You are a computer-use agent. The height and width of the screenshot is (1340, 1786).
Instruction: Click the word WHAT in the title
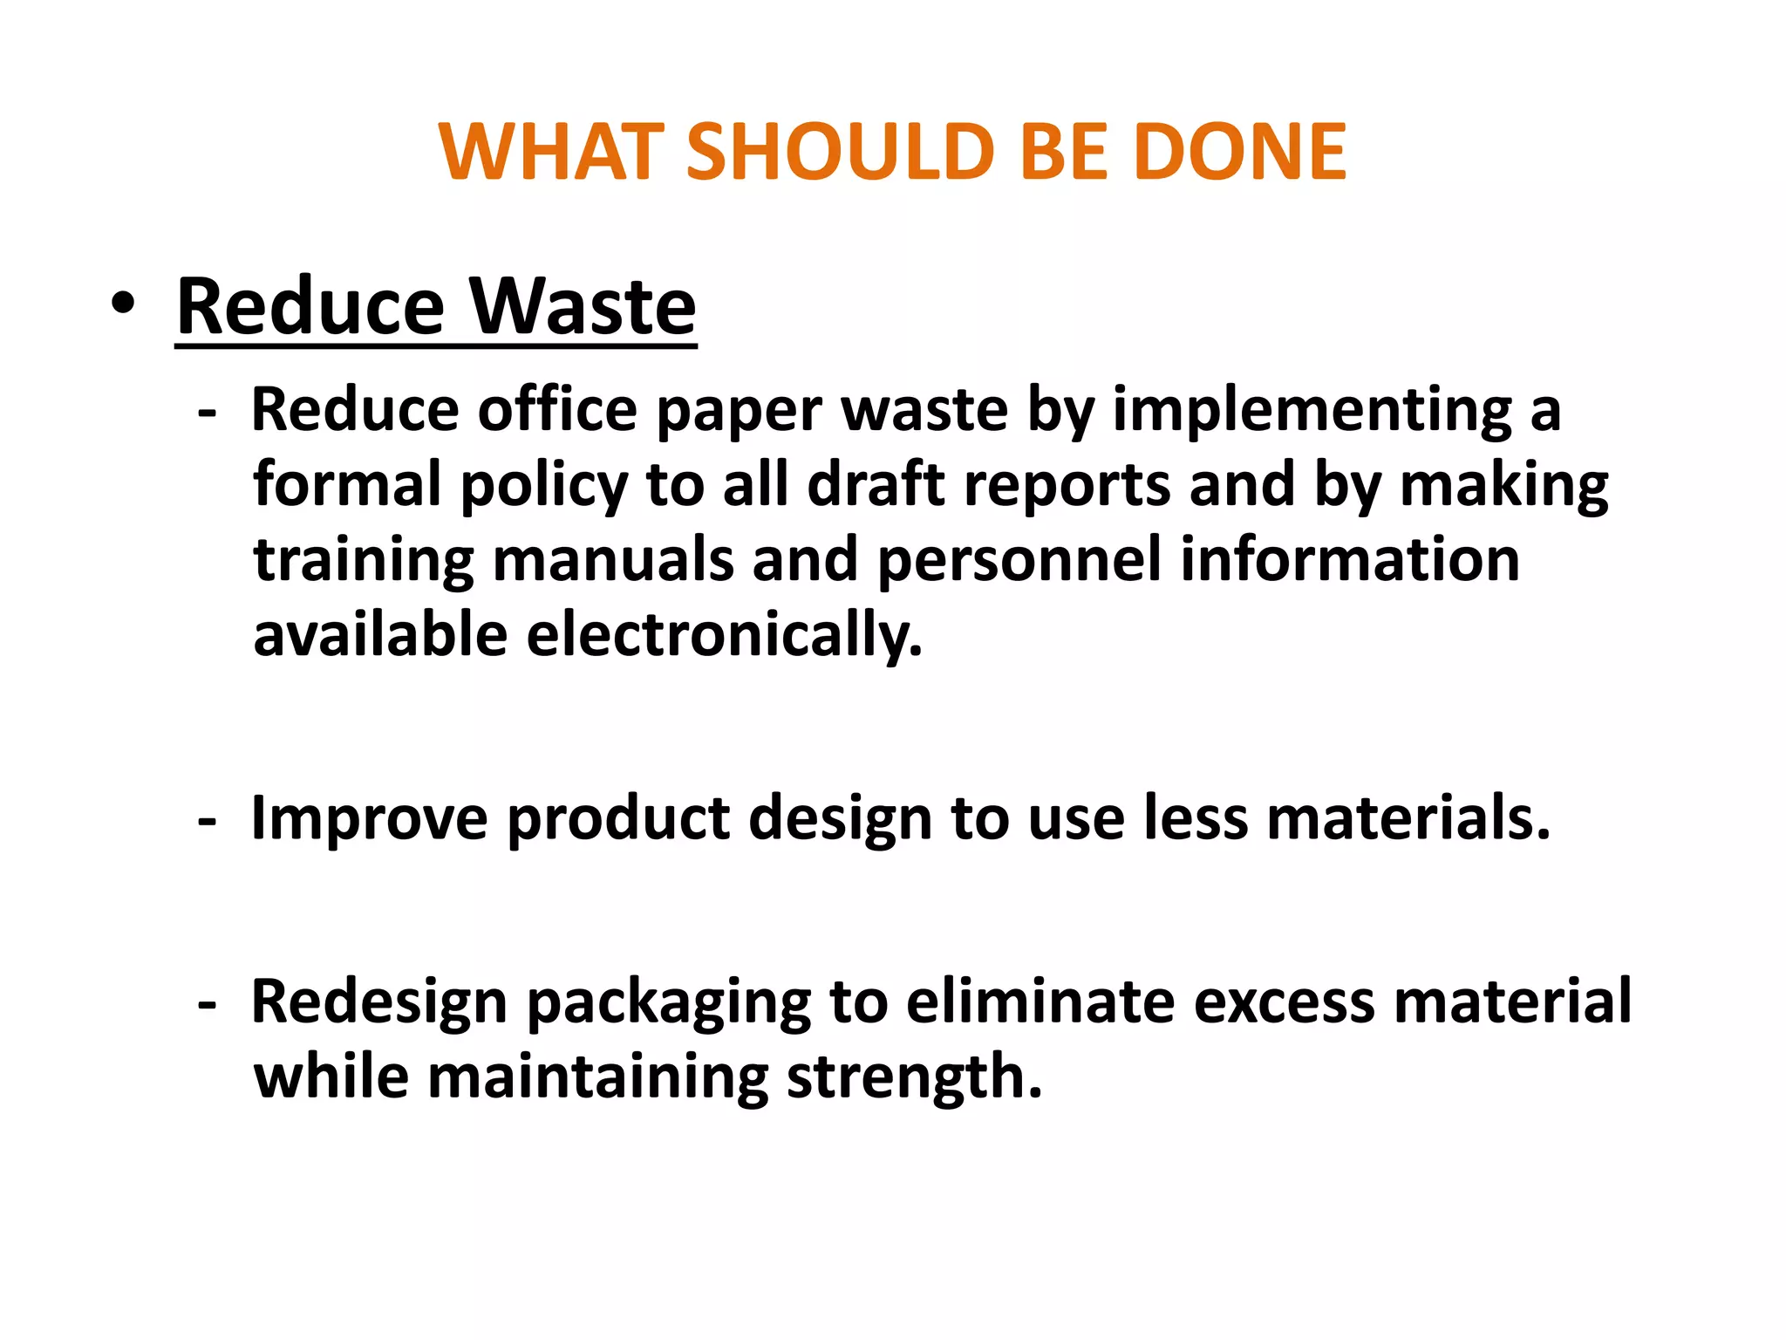[x=551, y=152]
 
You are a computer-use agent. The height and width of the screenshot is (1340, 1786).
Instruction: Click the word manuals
[x=613, y=559]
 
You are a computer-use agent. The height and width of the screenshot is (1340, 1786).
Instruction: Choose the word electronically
[x=724, y=634]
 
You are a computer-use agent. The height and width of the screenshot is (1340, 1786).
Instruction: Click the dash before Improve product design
[x=207, y=821]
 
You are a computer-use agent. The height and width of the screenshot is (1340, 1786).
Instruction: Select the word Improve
[x=370, y=819]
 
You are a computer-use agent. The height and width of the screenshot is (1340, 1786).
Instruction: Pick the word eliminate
[x=1040, y=1002]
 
